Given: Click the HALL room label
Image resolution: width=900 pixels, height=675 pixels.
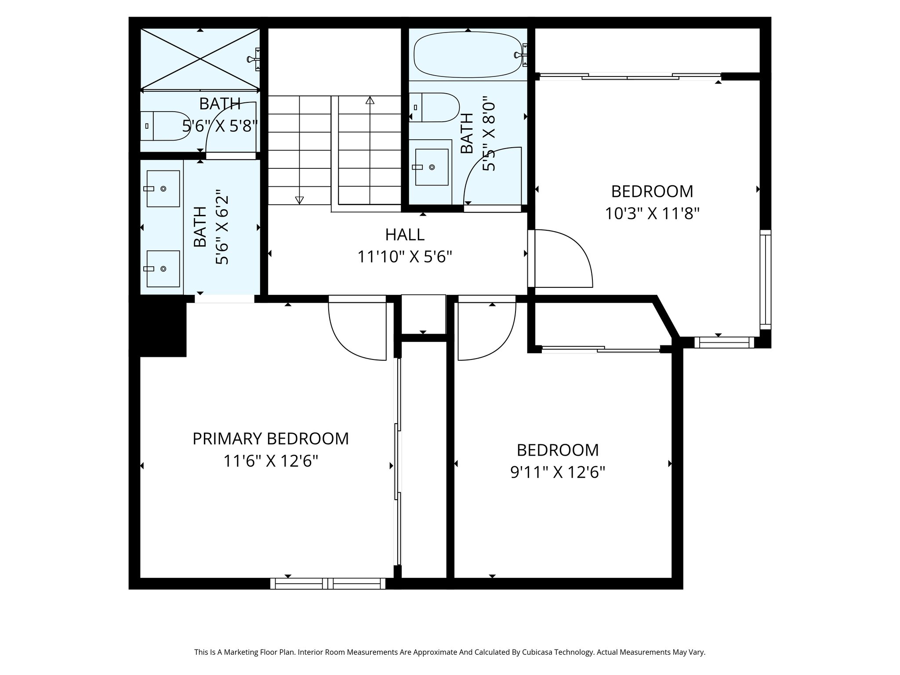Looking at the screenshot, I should [405, 235].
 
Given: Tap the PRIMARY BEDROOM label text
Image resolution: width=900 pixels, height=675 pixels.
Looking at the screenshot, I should [271, 439].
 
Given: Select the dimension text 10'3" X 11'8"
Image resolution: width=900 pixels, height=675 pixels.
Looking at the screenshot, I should [652, 214].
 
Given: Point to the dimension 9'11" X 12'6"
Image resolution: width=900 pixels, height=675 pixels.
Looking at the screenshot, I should [558, 472].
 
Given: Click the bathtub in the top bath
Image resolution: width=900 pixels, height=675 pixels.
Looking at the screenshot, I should [468, 55].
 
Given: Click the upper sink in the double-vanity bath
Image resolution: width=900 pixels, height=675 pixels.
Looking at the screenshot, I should [163, 189].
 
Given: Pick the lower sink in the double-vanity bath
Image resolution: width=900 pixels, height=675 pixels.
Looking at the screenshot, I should [163, 269].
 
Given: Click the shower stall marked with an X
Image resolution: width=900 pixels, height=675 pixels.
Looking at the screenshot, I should [200, 59].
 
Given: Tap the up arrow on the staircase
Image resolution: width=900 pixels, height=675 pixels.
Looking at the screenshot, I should [370, 101].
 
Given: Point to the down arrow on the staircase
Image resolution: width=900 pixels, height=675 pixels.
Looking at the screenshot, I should [299, 200].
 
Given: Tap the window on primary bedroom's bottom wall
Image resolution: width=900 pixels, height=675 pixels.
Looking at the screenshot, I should [328, 583].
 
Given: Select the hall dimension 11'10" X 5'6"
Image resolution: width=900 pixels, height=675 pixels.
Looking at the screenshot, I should [405, 257].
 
